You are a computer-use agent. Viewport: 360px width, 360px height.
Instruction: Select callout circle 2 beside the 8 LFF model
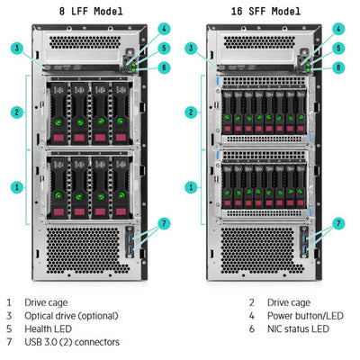[16, 112]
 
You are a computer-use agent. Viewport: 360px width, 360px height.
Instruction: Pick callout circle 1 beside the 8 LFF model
[16, 187]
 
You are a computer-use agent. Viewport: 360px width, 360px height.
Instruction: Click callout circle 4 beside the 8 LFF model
[164, 29]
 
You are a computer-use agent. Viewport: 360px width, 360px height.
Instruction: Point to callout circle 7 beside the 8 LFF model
[164, 222]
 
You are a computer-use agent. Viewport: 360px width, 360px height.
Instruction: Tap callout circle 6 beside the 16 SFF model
[338, 67]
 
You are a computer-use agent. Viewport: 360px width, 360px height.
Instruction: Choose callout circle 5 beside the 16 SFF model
[338, 49]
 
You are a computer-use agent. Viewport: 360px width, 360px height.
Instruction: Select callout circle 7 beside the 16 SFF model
[338, 222]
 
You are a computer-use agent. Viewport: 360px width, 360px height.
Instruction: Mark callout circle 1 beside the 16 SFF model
[191, 187]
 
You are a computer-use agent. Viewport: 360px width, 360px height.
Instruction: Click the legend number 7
[9, 342]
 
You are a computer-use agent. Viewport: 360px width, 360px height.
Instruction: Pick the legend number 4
[253, 316]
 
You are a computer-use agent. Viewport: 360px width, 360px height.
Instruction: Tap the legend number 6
[253, 328]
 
